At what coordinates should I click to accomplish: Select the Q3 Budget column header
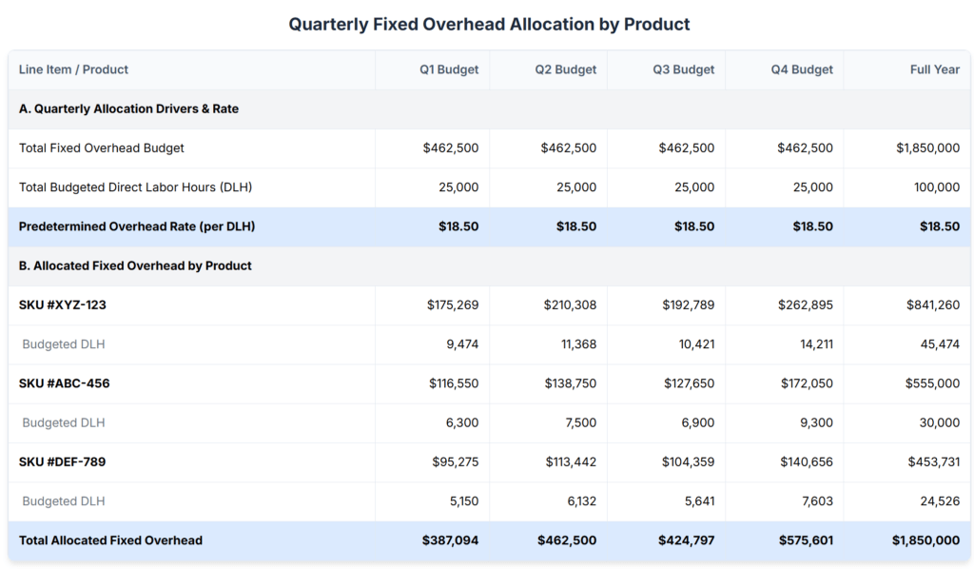(683, 69)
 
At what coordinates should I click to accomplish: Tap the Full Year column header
(935, 69)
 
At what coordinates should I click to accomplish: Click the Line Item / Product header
(73, 69)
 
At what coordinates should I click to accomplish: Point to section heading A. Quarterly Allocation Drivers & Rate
(128, 108)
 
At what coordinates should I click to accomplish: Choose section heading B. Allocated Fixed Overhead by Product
(135, 265)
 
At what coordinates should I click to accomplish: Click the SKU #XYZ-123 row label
(62, 305)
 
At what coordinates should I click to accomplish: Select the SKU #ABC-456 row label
(64, 383)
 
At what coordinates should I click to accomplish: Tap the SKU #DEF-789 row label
(62, 462)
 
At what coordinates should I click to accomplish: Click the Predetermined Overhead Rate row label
(137, 226)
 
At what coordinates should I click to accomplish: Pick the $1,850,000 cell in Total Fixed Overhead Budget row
(928, 148)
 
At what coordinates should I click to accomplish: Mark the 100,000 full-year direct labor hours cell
(937, 187)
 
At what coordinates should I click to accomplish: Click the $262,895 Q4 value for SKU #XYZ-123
(805, 305)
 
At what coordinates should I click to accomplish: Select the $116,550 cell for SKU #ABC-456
(454, 383)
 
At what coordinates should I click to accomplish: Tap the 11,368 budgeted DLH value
(578, 344)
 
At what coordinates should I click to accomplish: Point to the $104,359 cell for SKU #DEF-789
(688, 462)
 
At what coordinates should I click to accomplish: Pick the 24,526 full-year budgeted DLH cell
(940, 501)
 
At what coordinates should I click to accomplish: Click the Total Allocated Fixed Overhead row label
(110, 540)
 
